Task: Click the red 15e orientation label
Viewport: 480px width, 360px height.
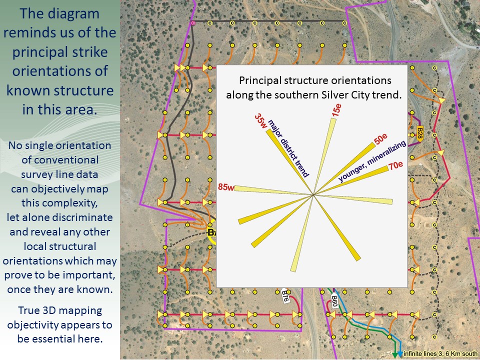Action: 336,110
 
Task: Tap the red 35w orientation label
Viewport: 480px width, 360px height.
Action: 261,121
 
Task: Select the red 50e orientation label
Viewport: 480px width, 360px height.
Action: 380,139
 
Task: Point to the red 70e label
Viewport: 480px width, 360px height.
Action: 395,165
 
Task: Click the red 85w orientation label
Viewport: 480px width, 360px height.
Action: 226,186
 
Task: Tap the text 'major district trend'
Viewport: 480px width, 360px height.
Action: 288,149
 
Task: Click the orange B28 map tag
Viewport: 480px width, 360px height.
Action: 420,133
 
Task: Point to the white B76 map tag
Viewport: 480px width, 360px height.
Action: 285,295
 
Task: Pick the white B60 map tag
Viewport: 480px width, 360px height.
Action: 334,300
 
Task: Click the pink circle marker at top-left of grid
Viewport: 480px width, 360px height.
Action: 193,23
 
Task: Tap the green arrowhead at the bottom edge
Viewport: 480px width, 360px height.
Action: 395,356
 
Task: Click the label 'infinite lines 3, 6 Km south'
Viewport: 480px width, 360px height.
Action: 440,354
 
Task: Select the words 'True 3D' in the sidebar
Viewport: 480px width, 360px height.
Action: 38,310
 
